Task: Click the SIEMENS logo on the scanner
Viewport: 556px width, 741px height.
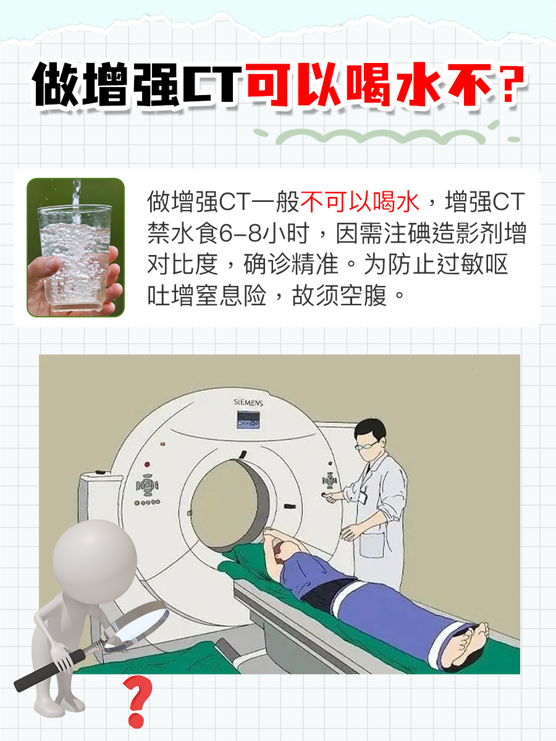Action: (248, 403)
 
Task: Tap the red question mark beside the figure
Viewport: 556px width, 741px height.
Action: (137, 701)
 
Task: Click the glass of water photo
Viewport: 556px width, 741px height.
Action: (75, 247)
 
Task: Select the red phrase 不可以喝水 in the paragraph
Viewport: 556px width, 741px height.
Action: (360, 202)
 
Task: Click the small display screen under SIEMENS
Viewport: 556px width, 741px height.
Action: (248, 421)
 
